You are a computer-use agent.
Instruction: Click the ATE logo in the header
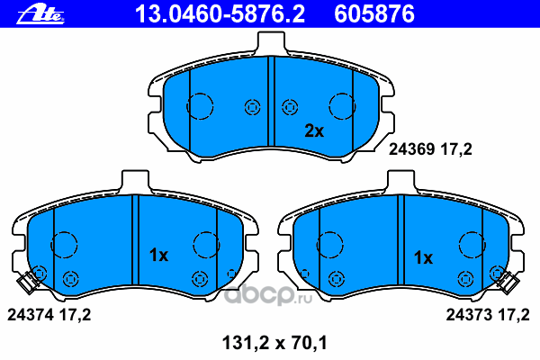[40, 14]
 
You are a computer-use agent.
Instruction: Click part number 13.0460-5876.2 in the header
[220, 14]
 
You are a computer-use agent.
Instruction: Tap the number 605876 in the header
[374, 14]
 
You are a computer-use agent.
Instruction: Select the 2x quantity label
[314, 130]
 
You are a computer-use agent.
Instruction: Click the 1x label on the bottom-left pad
[158, 256]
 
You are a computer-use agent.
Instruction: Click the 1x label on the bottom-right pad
[423, 257]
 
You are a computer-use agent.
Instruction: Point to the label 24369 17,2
[430, 149]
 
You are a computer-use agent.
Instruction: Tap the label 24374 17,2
[49, 315]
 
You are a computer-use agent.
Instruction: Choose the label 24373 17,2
[488, 315]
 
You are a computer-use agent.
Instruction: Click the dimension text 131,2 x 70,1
[274, 343]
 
